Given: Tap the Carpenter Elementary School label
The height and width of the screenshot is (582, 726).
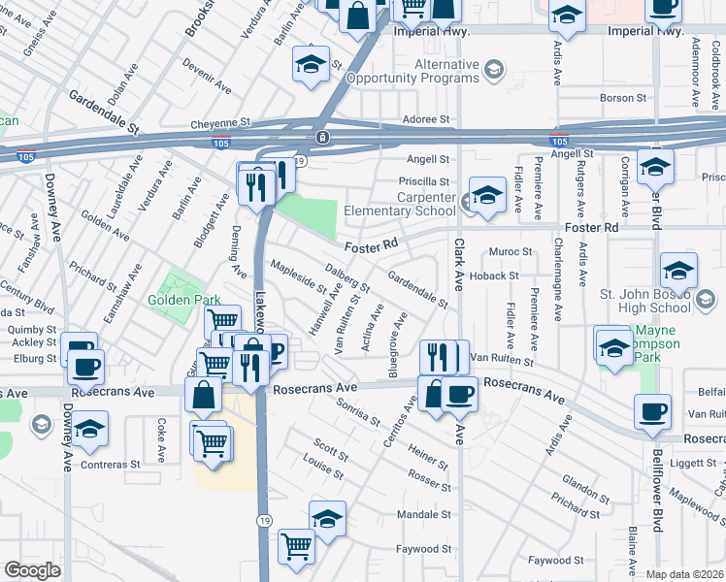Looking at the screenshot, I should (411, 204).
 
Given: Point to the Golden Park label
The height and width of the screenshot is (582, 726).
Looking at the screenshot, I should (185, 300).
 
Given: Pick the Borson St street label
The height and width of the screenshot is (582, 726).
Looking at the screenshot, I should (623, 98).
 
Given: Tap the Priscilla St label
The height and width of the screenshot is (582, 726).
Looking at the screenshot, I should (424, 181).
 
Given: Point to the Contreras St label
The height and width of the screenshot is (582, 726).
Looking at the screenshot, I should (111, 465).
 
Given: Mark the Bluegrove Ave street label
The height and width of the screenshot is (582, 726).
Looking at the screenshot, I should (398, 343).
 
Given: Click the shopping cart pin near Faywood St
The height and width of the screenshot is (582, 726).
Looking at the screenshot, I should (295, 545).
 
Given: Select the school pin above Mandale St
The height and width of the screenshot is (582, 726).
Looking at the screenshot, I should (327, 519).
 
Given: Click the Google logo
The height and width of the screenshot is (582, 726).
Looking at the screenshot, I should (32, 570).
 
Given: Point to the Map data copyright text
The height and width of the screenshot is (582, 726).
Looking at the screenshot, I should (685, 574).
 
